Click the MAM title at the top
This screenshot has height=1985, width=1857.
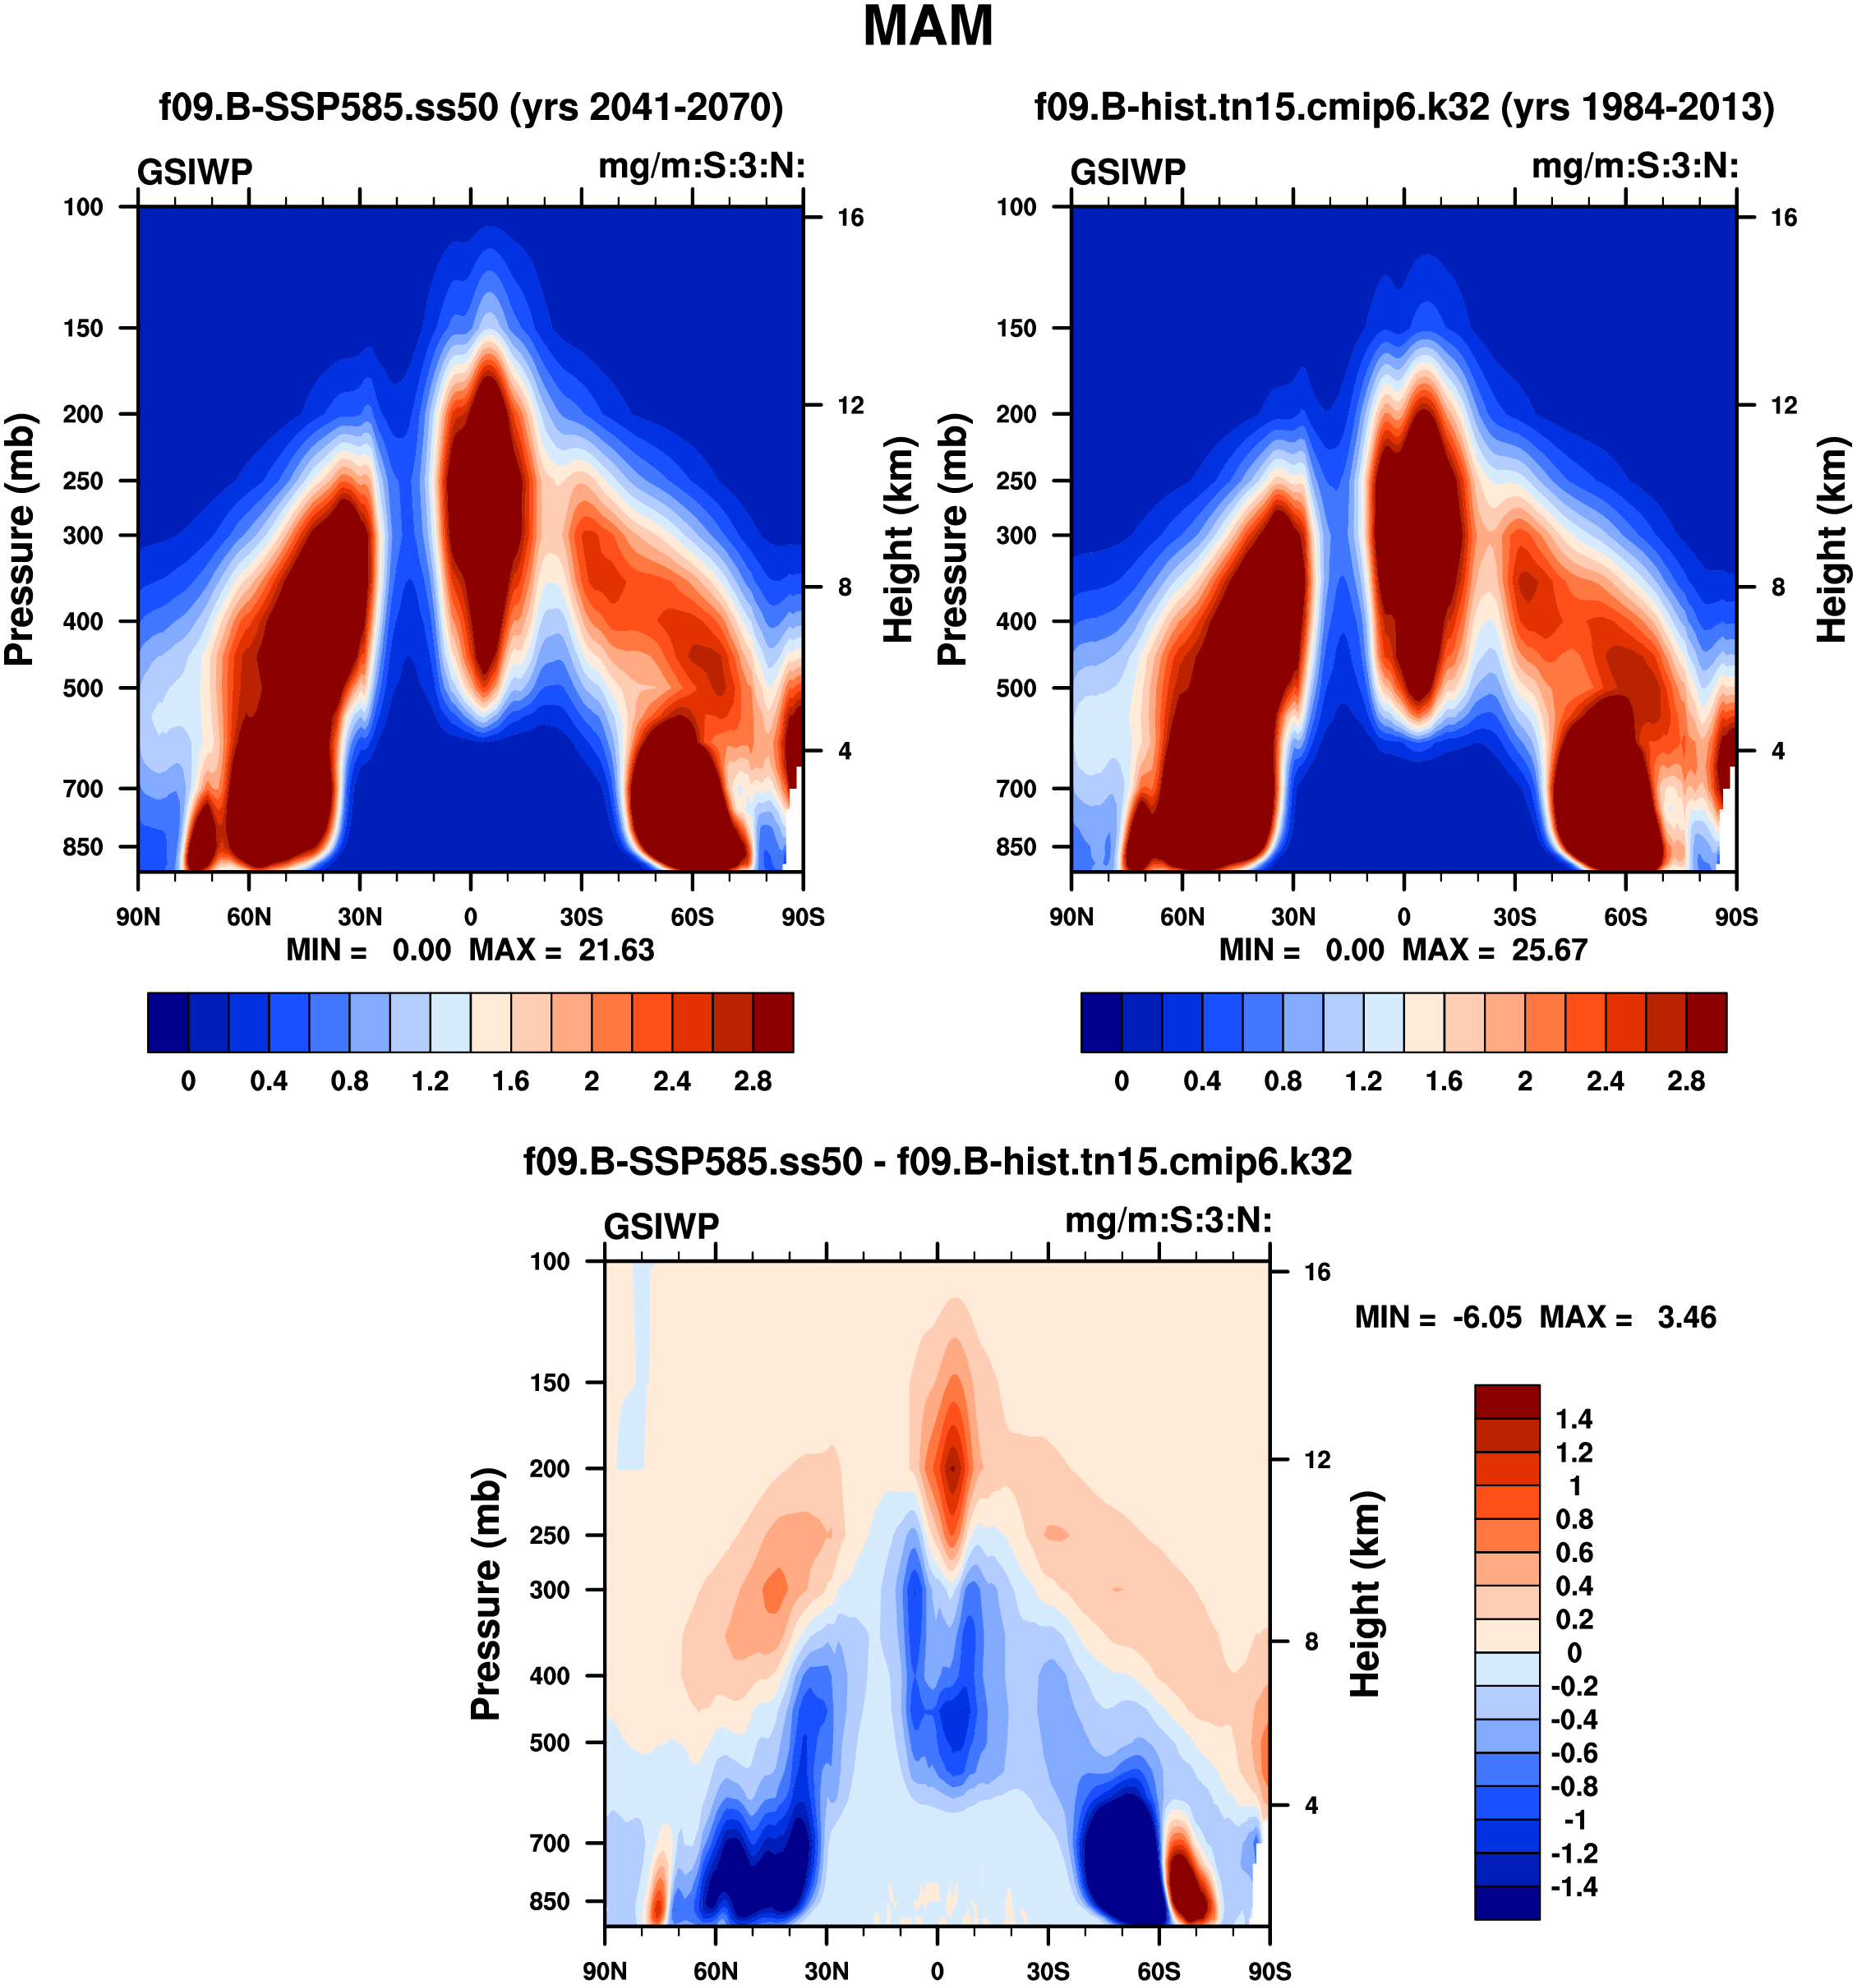click(x=928, y=27)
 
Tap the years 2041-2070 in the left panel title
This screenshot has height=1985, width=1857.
click(x=646, y=107)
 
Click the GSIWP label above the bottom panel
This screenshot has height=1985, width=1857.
click(x=661, y=1226)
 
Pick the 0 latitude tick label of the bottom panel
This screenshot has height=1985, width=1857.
click(x=937, y=1971)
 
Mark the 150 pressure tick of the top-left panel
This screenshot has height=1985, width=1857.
click(x=84, y=329)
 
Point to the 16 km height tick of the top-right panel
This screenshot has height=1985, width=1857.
click(x=1783, y=218)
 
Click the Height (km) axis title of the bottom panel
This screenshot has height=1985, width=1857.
click(x=1366, y=1594)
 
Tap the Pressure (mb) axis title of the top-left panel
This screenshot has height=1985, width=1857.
click(x=20, y=539)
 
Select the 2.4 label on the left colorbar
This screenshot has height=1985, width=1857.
click(x=672, y=1081)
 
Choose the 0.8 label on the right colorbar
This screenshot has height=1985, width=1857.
click(x=1283, y=1081)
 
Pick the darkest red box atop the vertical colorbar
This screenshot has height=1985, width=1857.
click(x=1507, y=1401)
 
